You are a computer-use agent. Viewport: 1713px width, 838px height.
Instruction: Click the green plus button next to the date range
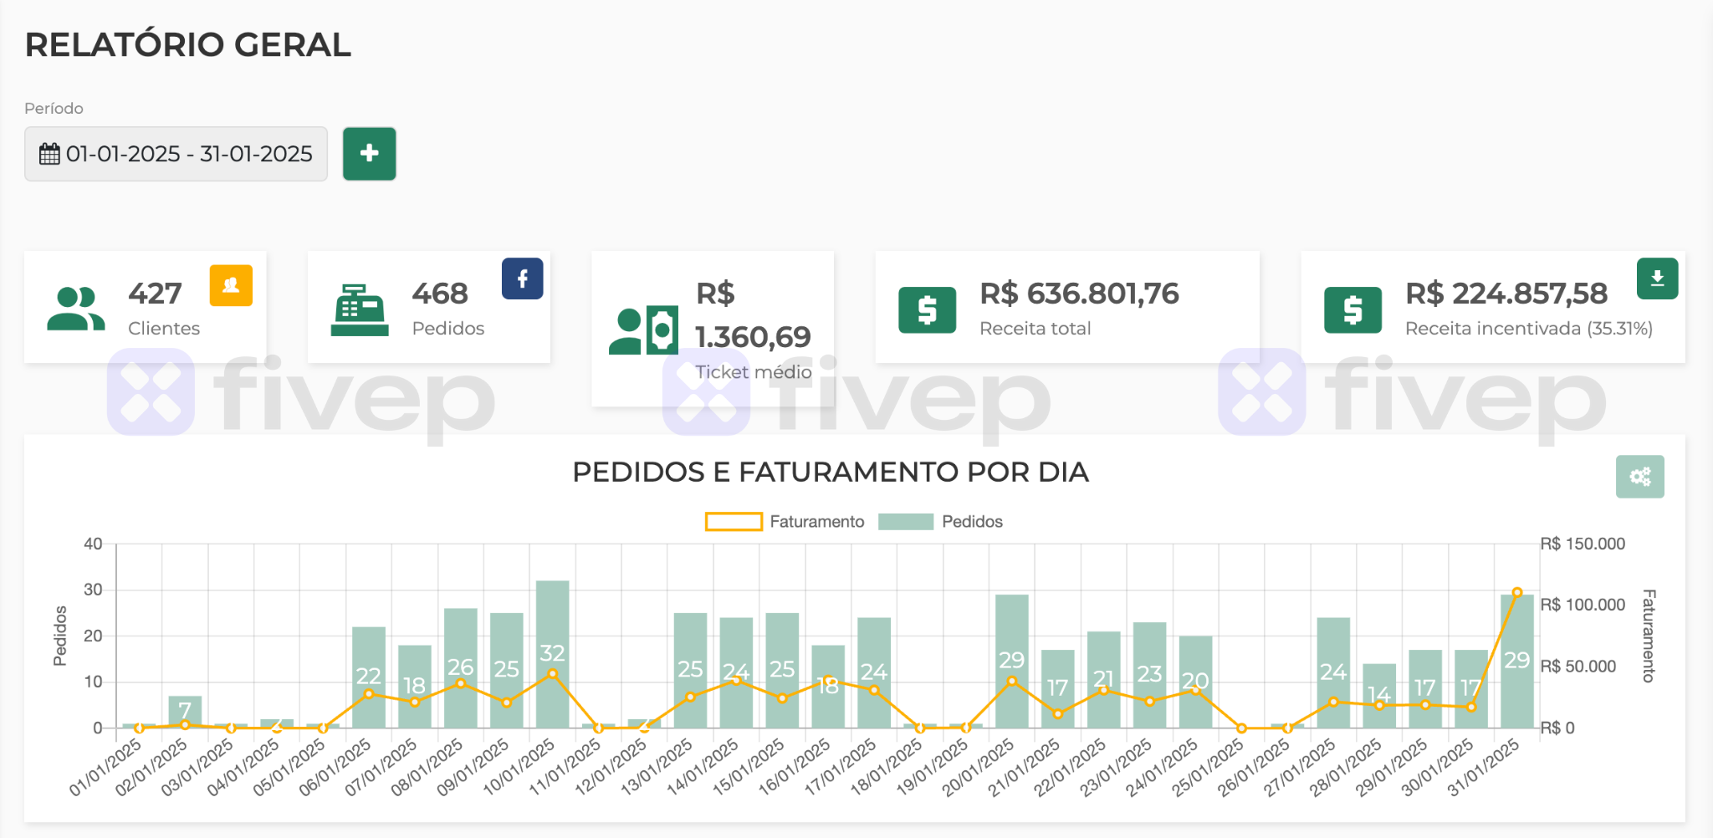pos(369,154)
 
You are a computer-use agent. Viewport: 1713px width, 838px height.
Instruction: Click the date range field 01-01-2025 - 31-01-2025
pos(176,154)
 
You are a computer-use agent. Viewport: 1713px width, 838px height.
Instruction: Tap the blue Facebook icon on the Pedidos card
pos(522,278)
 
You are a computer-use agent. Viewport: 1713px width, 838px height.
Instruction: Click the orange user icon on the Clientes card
pos(231,285)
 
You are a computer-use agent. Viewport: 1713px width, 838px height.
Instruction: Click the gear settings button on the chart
pos(1639,477)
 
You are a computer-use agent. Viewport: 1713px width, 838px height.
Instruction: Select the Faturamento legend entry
pos(785,522)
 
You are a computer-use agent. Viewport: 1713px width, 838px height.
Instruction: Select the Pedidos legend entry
pos(940,522)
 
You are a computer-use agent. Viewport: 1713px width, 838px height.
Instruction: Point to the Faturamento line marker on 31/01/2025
pos(1516,592)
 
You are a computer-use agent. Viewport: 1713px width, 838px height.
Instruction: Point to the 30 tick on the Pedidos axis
pos(93,590)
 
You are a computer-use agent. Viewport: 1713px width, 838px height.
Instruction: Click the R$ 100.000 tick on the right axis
pos(1583,605)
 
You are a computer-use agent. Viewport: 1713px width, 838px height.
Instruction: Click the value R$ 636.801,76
pos(1079,294)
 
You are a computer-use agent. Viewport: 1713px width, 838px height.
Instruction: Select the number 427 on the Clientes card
pos(155,294)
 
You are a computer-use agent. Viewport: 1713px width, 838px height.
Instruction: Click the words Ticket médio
pos(753,372)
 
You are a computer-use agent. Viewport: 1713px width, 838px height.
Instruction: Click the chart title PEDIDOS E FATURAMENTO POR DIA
pos(830,473)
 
